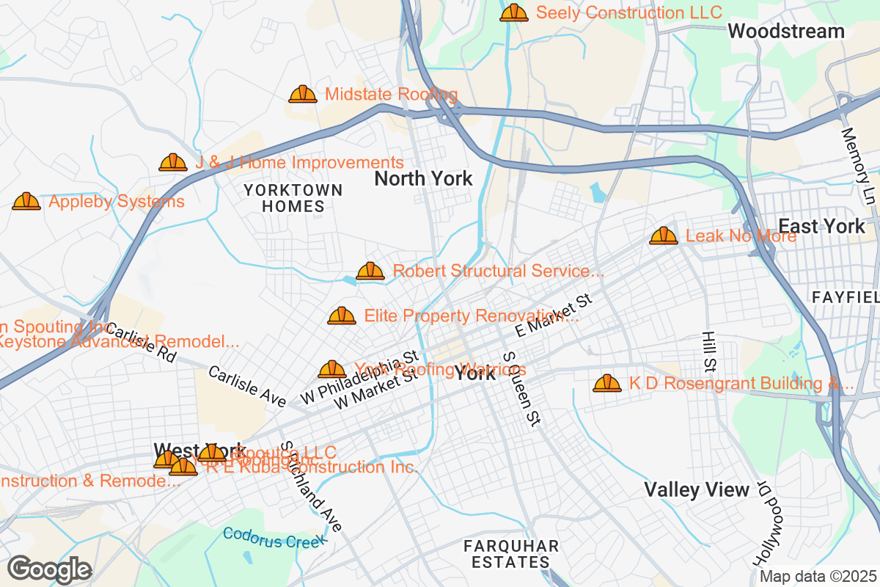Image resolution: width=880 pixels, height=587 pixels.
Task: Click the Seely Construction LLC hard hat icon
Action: coord(514,12)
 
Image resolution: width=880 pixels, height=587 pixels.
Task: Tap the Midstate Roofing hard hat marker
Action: coord(303,95)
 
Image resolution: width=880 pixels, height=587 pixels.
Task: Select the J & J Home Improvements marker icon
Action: coord(173,162)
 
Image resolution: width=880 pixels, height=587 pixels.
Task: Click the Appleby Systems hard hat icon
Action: coord(26,201)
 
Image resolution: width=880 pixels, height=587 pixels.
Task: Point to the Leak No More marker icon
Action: coord(664,236)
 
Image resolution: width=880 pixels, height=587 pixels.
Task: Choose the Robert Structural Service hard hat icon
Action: coord(370,271)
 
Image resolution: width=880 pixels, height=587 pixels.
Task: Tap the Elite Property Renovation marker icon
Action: coord(342,316)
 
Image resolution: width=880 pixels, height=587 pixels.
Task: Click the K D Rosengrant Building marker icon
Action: coord(607,383)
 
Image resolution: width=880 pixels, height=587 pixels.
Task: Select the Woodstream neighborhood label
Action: coord(786,32)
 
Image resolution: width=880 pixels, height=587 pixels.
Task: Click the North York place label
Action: coord(423,178)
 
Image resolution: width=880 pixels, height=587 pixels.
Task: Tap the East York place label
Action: coord(821,226)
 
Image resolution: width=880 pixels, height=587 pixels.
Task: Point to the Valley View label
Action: coord(697,489)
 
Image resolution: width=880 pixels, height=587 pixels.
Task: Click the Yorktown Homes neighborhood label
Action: coord(293,198)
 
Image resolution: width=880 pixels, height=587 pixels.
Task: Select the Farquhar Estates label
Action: coord(511,554)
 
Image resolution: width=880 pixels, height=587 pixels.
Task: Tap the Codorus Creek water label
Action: coord(275,538)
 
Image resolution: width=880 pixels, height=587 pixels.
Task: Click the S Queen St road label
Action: coord(521,389)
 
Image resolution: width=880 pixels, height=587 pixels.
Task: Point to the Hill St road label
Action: coord(708,350)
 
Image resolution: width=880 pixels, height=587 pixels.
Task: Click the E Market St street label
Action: coord(553,316)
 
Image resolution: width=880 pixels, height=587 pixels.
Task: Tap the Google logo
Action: coord(50,569)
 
